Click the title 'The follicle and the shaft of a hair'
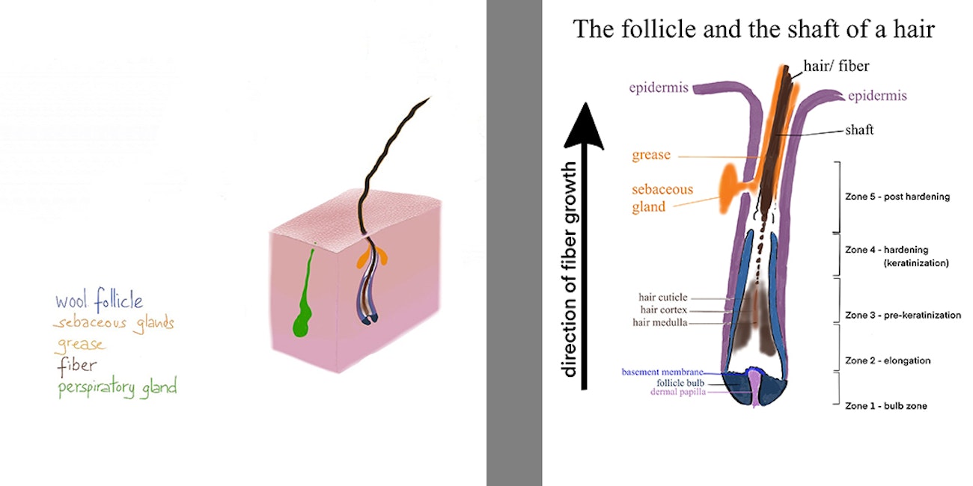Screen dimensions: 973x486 (754, 29)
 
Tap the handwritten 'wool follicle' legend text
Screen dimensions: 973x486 (99, 300)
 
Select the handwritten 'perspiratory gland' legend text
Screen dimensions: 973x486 (118, 387)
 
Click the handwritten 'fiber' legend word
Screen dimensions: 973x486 (77, 366)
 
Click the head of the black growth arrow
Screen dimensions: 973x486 (585, 126)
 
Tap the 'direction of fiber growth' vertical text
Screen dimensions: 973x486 (569, 270)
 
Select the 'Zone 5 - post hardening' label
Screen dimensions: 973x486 (897, 197)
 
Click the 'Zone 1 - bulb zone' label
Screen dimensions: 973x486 (886, 406)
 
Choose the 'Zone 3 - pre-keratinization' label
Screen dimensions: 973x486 (903, 315)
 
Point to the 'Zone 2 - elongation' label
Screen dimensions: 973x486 (888, 360)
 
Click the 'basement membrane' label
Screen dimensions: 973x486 (662, 372)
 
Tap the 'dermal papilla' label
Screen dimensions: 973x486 (678, 392)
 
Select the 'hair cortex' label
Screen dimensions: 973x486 (664, 310)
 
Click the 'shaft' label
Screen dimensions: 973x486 (859, 130)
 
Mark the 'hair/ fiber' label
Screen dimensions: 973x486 (836, 66)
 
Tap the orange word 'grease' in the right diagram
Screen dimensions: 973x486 (651, 155)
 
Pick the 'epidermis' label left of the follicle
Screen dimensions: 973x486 (659, 88)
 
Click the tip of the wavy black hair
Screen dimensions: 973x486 (430, 97)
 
